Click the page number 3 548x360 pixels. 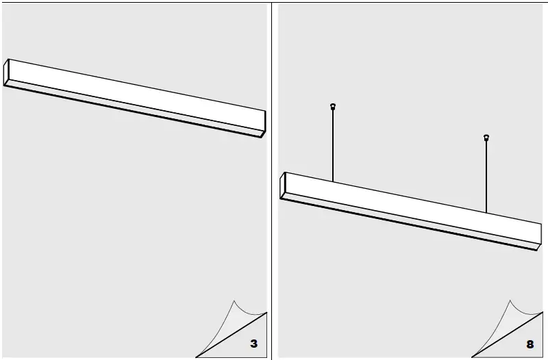[x=253, y=344]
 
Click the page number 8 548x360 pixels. [x=530, y=344]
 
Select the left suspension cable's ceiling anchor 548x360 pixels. [x=333, y=106]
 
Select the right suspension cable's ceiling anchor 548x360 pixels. [x=486, y=138]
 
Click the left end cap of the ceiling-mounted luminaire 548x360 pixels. [x=6, y=73]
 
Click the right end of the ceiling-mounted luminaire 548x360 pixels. [x=264, y=123]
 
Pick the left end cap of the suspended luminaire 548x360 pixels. [x=283, y=185]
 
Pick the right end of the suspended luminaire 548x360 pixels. [x=539, y=235]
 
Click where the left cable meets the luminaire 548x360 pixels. [x=333, y=181]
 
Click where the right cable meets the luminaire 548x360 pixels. [x=486, y=211]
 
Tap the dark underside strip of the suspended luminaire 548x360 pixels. [x=411, y=222]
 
